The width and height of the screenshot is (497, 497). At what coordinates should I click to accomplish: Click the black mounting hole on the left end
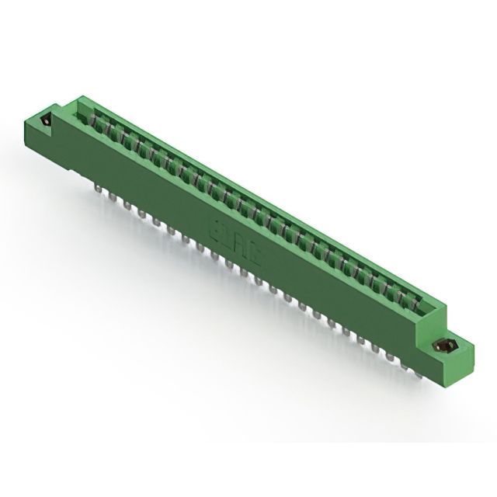(46, 121)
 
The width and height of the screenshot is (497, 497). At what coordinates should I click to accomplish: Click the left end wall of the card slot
(82, 109)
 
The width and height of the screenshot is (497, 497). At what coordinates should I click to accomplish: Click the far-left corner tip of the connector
(23, 118)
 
